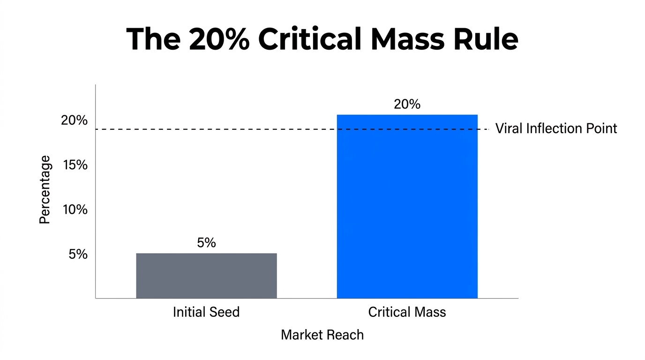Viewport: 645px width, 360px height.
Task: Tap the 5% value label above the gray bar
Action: pyautogui.click(x=206, y=243)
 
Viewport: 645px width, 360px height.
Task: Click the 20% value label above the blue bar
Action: pyautogui.click(x=407, y=104)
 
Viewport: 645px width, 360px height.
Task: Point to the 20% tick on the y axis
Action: pyautogui.click(x=75, y=120)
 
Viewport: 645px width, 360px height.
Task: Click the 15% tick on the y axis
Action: pyautogui.click(x=75, y=165)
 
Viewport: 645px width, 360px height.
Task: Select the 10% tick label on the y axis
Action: pyautogui.click(x=75, y=210)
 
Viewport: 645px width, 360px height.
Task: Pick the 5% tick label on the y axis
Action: pyautogui.click(x=78, y=254)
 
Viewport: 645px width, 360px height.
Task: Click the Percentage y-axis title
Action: pyautogui.click(x=45, y=190)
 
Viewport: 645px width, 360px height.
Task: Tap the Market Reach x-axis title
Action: pyautogui.click(x=322, y=335)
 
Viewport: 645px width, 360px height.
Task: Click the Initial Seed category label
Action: pyautogui.click(x=206, y=312)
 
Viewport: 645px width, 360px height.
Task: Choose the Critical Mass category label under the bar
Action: pyautogui.click(x=407, y=312)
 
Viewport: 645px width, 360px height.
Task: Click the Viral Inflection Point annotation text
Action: pyautogui.click(x=556, y=128)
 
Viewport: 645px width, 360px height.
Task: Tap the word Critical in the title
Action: pyautogui.click(x=312, y=39)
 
